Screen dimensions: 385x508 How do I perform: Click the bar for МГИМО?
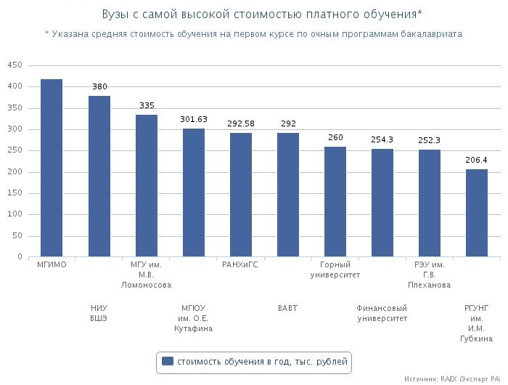[x=52, y=168]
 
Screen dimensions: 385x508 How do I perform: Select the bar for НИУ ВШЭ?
[x=99, y=177]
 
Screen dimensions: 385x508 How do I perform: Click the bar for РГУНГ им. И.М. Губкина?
[x=477, y=213]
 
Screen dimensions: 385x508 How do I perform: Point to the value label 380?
[x=99, y=87]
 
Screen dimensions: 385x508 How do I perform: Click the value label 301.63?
[x=194, y=119]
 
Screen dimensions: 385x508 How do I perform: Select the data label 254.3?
[x=382, y=139]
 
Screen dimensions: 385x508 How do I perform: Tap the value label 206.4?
[x=477, y=160]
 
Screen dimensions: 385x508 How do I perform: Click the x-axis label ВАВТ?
[x=288, y=308]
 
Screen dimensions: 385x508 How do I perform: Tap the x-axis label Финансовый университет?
[x=382, y=313]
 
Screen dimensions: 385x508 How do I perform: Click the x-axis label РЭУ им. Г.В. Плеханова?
[x=430, y=275]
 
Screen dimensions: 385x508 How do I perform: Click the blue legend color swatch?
[x=168, y=361]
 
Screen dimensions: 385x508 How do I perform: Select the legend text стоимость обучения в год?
[x=262, y=361]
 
